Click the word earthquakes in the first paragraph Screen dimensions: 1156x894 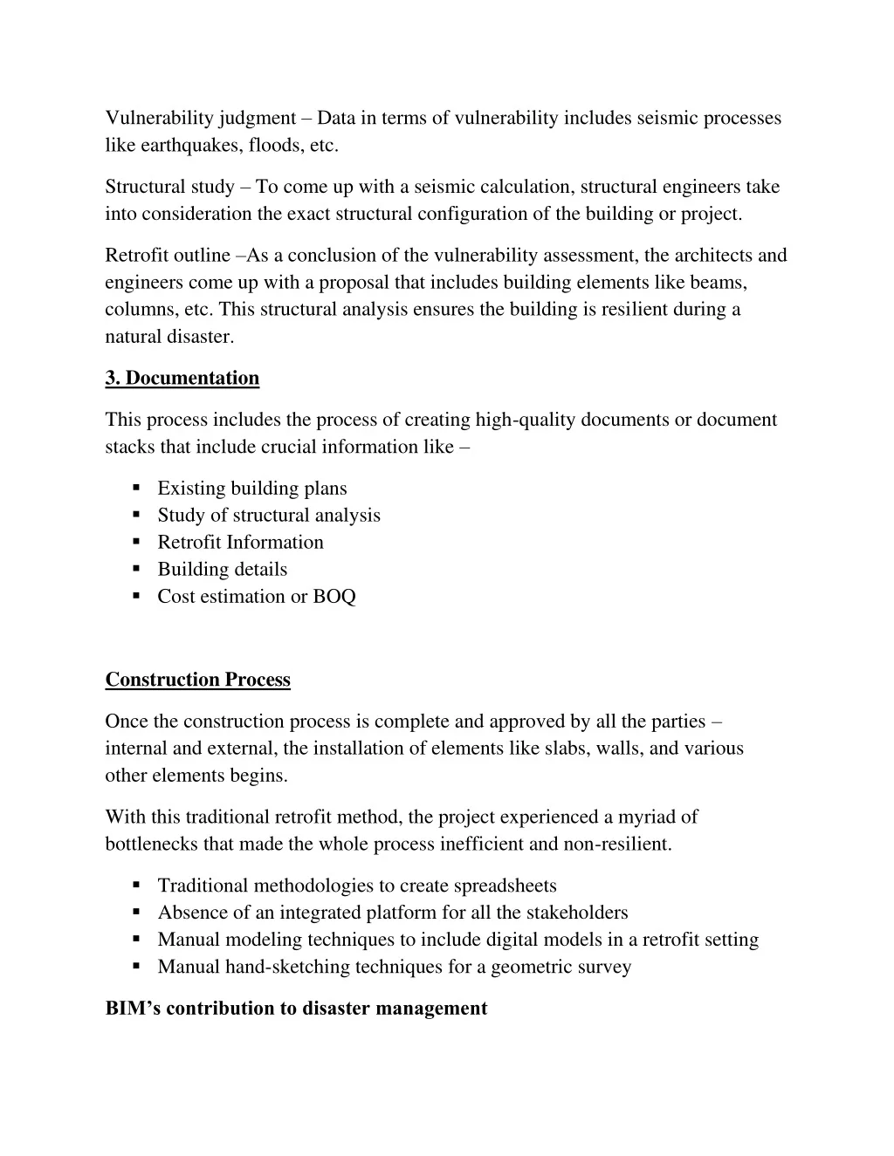176,146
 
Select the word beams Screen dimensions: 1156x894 719,283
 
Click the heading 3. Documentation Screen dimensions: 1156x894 182,378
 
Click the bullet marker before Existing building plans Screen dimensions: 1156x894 137,488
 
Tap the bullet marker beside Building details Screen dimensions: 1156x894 137,569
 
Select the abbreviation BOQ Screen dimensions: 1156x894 334,597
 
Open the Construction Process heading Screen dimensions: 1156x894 197,680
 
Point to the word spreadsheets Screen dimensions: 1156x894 502,886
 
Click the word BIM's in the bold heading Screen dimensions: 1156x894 133,1009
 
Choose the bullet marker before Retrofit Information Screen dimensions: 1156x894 137,542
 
